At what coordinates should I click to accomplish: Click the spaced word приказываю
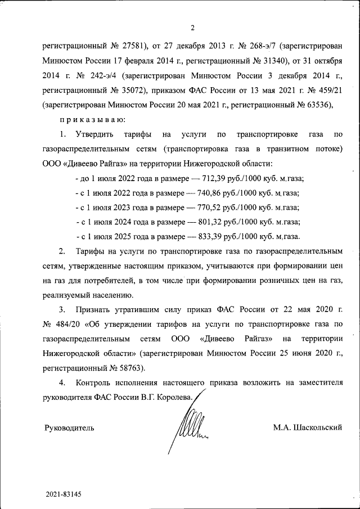[x=89, y=119]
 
